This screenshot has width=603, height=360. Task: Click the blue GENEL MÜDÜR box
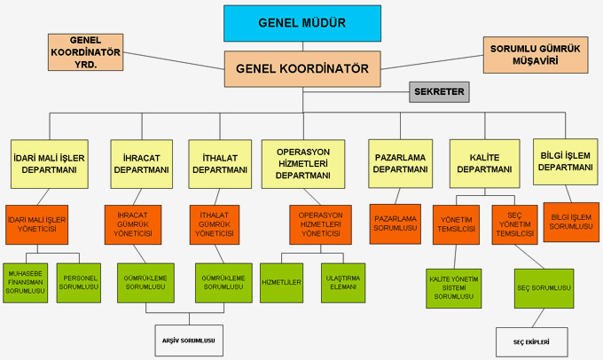click(x=301, y=22)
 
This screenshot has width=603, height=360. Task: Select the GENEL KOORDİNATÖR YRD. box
click(x=86, y=53)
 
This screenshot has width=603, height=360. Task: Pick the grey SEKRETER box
click(x=439, y=91)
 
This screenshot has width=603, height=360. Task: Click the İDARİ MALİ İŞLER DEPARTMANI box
click(x=48, y=163)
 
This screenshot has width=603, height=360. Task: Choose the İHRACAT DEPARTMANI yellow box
click(x=141, y=163)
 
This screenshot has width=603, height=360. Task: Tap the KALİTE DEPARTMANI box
click(x=483, y=163)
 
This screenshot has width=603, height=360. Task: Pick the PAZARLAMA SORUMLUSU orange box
click(x=395, y=223)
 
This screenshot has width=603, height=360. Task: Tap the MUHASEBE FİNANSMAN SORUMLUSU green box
click(x=26, y=282)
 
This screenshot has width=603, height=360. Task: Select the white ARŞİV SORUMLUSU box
click(x=184, y=339)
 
